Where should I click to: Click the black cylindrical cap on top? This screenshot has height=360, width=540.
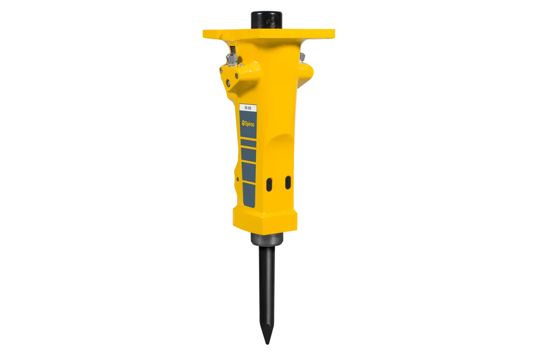[266, 20]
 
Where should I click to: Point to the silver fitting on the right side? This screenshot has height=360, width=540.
[302, 57]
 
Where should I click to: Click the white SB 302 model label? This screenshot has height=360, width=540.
[248, 108]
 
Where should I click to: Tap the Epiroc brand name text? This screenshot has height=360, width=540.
[249, 124]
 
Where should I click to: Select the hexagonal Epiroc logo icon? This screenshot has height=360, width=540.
[243, 124]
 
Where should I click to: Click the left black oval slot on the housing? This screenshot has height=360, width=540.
[269, 185]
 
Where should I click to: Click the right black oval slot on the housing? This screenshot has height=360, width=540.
[288, 183]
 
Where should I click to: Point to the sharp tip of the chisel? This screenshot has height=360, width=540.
[267, 344]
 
